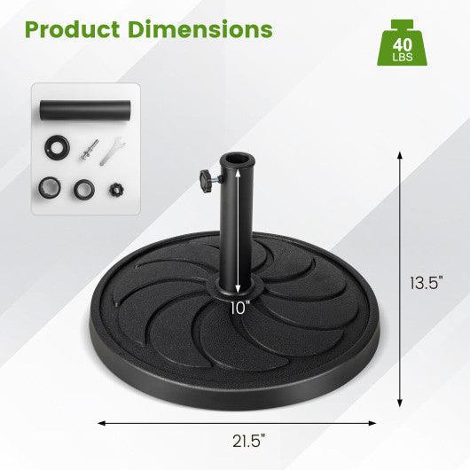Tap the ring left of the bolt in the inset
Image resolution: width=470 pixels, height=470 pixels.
click(59, 147)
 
